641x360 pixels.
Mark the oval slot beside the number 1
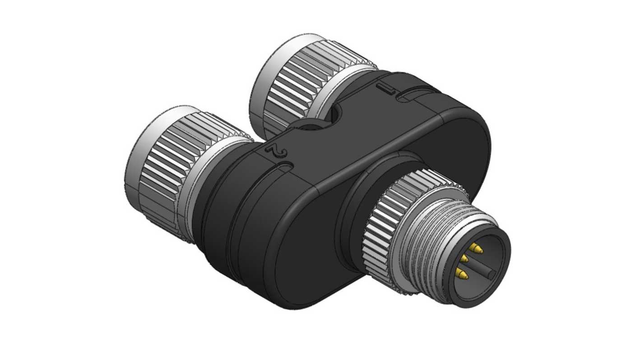(x=418, y=94)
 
